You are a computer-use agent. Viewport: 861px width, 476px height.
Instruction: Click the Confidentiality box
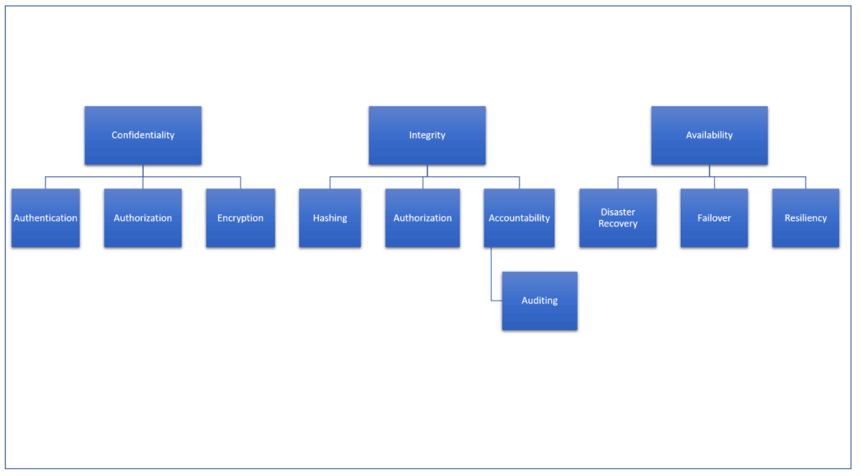coord(143,135)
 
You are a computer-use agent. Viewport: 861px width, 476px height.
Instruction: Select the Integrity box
coord(427,135)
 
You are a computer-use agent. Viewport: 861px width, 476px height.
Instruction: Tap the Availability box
coord(709,135)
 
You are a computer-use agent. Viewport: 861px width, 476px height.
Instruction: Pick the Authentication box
coord(46,218)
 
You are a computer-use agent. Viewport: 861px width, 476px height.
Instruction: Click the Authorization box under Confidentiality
coord(143,218)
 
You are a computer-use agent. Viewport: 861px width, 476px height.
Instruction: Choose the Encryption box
coord(241,218)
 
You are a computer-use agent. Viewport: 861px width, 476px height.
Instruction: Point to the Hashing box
coord(330,218)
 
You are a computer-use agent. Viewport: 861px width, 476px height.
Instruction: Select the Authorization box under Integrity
coord(422,218)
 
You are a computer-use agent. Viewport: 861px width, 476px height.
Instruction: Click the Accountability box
coord(520,218)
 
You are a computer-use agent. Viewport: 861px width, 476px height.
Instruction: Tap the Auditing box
coord(540,301)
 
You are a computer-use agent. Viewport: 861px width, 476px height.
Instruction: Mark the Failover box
coord(714,218)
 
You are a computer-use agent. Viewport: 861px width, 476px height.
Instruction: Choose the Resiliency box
coord(806,218)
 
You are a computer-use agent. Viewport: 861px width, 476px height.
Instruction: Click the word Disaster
coord(618,212)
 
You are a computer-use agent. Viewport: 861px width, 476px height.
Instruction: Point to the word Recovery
coord(618,224)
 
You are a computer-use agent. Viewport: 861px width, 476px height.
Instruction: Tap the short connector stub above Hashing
coord(330,183)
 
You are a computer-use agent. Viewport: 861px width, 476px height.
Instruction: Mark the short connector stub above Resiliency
coord(806,183)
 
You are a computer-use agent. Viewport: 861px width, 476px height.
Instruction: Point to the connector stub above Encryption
coord(241,183)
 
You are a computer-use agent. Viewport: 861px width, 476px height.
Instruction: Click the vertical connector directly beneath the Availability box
coord(709,171)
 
